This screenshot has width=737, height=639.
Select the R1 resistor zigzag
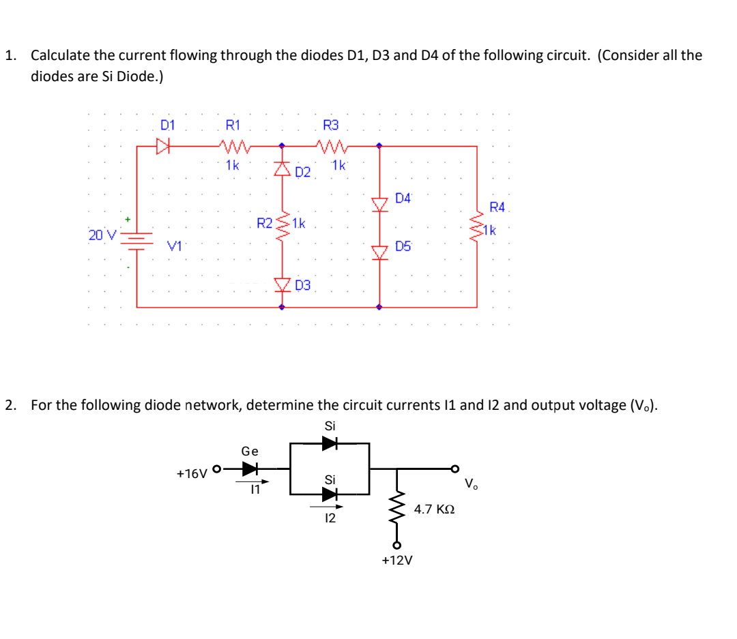(233, 145)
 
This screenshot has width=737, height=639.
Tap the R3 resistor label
(330, 125)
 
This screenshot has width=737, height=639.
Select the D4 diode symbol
(380, 203)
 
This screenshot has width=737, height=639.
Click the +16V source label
(192, 473)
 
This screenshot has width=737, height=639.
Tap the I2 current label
(330, 519)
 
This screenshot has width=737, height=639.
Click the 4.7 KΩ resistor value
(435, 509)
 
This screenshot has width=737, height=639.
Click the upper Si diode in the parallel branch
(330, 443)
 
